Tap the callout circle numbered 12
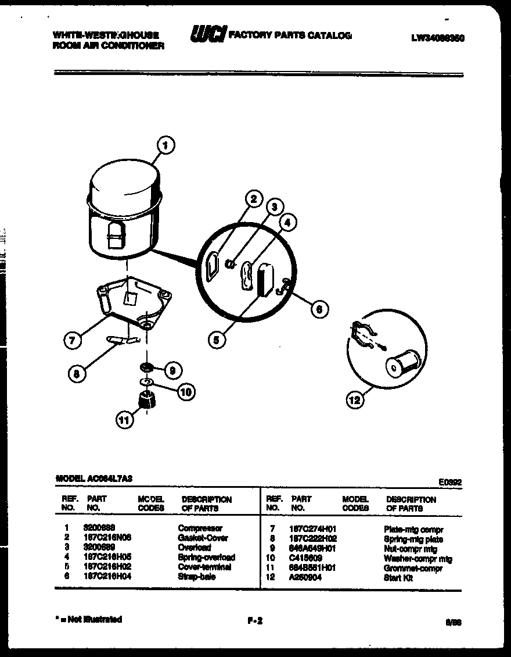[355, 399]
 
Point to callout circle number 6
[319, 309]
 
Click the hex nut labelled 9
[146, 367]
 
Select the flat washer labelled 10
[147, 381]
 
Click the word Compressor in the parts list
[200, 529]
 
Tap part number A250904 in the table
[306, 577]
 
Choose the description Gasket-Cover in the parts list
[203, 538]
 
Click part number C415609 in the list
[305, 558]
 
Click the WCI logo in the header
[207, 35]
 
